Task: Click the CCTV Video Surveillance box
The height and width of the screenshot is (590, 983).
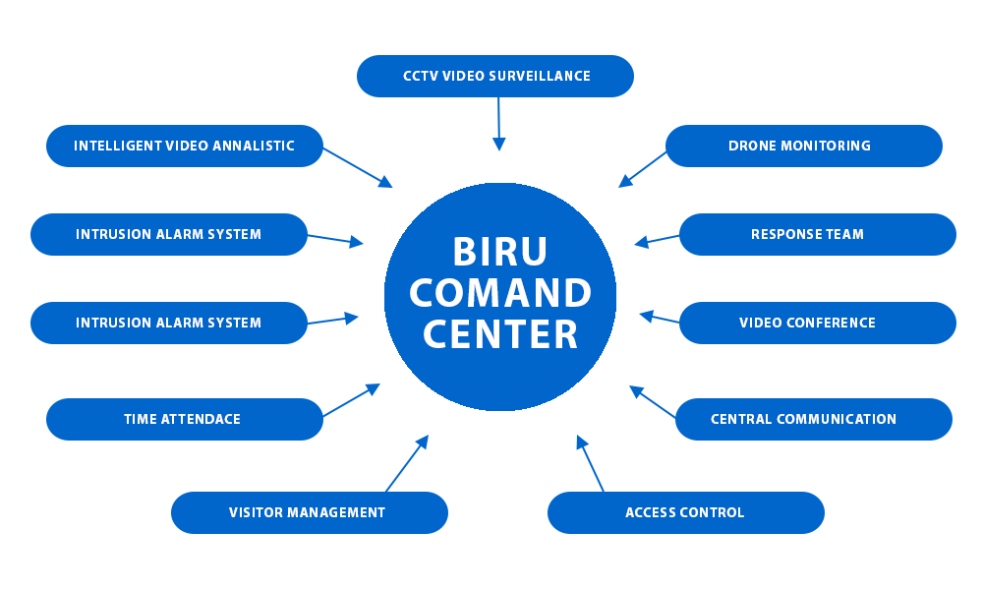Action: point(495,76)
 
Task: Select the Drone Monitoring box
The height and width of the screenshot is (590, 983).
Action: point(803,146)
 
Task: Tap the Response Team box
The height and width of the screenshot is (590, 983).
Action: point(817,234)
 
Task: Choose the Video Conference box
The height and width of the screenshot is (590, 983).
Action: point(817,323)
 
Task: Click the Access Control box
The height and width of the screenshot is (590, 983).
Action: point(685,512)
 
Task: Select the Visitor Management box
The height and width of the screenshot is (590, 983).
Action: point(309,512)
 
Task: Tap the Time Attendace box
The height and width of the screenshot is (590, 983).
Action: point(184,419)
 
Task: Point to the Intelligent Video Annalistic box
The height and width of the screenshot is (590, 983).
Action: point(184,146)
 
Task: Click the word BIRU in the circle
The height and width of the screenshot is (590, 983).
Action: point(499,252)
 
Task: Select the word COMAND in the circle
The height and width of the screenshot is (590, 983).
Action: point(499,293)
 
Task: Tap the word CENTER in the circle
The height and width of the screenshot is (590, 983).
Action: point(499,334)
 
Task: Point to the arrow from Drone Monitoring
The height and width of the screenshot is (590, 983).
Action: point(643,168)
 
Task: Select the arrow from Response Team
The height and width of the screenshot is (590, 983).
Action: point(657,239)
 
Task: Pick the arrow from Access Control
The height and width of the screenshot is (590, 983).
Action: point(590,463)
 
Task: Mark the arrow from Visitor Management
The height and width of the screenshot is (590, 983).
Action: point(407,463)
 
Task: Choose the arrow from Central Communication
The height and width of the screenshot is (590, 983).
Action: point(653,401)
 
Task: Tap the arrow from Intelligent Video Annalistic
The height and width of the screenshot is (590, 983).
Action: point(358,167)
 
